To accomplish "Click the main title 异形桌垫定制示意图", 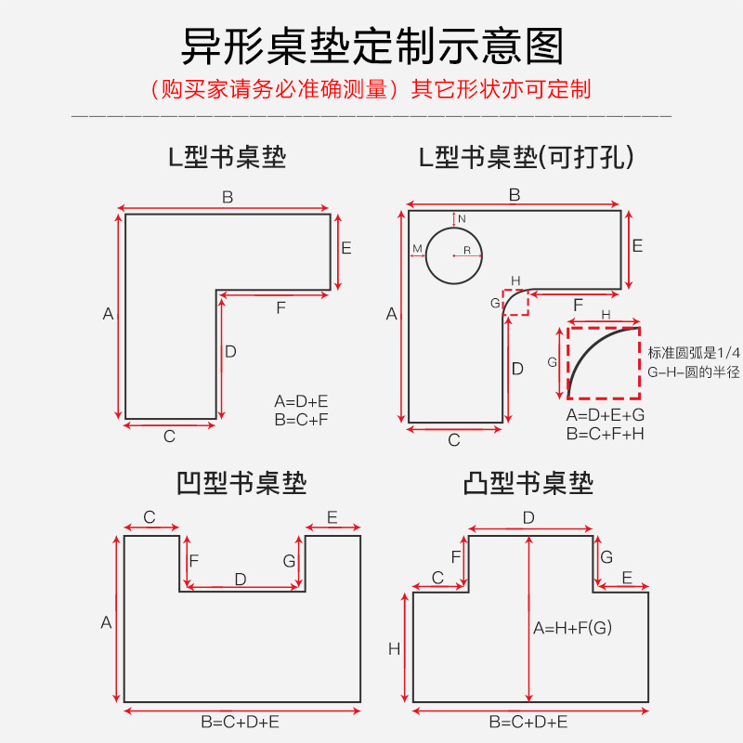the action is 371,45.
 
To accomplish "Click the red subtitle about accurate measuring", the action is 371,89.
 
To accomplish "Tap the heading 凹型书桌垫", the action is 241,483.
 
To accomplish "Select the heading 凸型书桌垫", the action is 528,483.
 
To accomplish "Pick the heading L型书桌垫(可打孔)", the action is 527,158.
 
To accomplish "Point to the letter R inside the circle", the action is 467,250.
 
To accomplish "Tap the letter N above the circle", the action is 462,218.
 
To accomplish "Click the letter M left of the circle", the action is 417,248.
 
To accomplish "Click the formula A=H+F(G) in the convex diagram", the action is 572,628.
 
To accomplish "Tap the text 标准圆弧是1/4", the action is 695,352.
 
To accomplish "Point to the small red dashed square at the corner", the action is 515,303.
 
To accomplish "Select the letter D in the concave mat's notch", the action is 241,579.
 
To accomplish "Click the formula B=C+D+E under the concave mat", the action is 241,722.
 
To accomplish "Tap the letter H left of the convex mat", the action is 394,649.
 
